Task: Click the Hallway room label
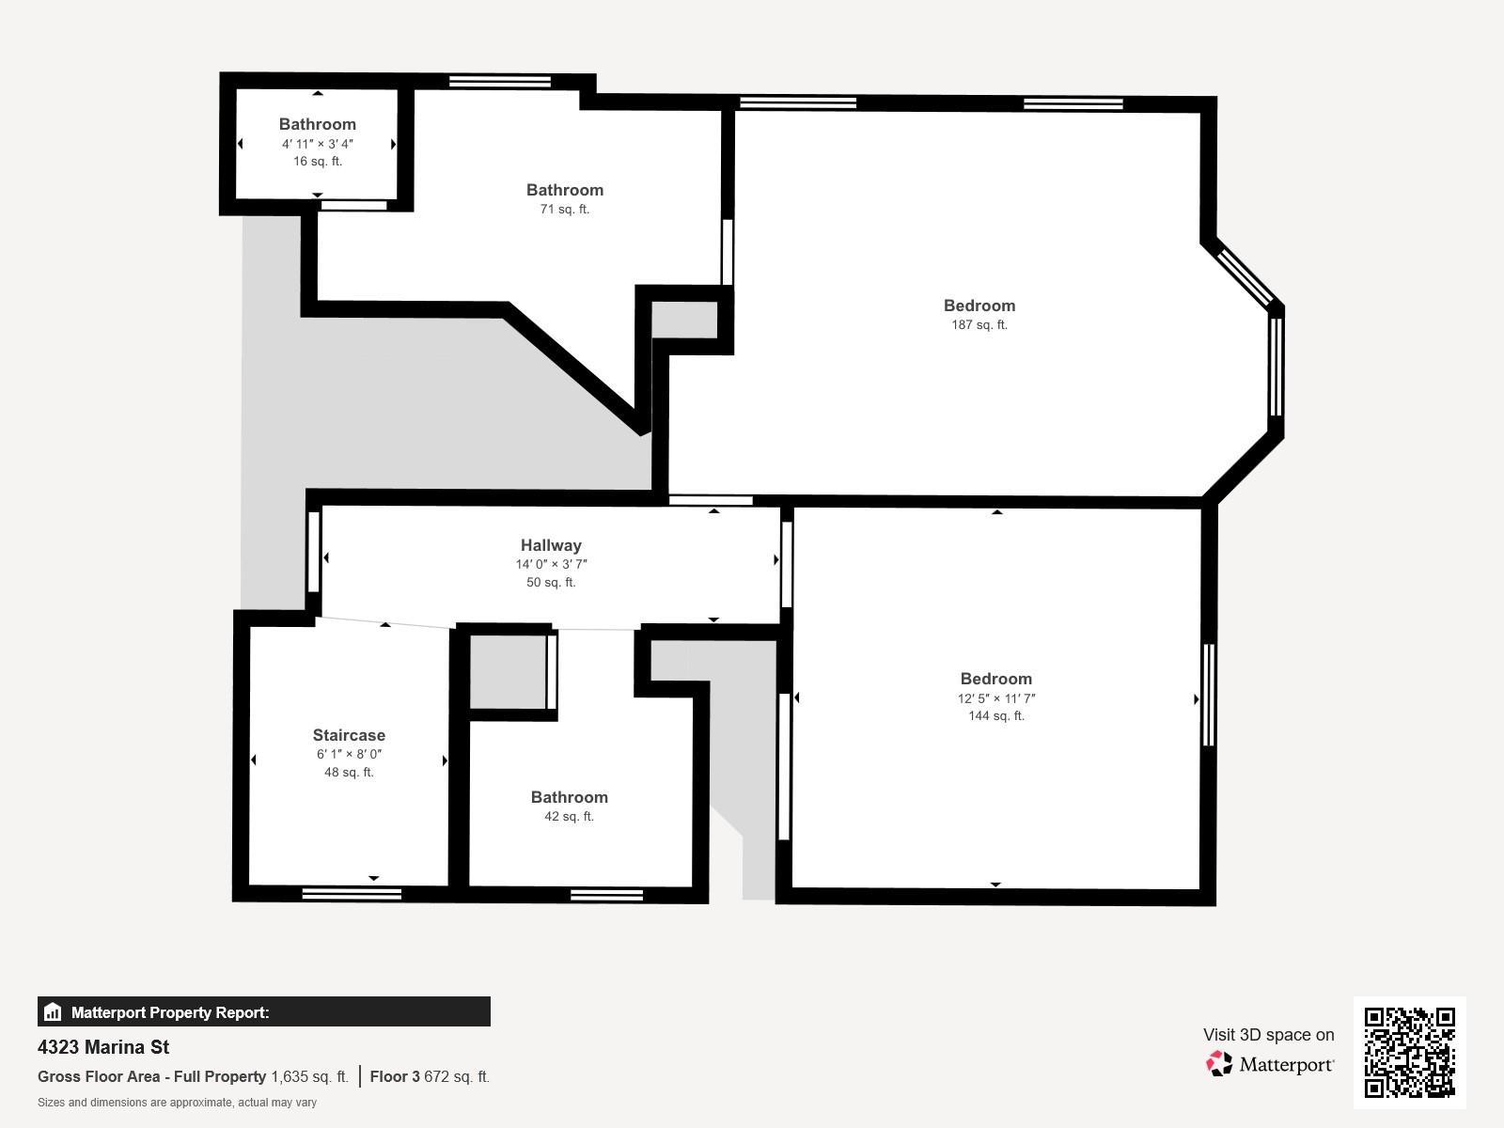click(x=551, y=545)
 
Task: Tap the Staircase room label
click(x=349, y=735)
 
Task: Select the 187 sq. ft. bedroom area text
click(x=979, y=324)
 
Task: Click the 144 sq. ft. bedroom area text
click(x=995, y=715)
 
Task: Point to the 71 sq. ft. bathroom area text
click(x=565, y=209)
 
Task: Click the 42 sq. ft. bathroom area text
click(x=569, y=816)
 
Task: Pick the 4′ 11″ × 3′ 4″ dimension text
click(x=317, y=144)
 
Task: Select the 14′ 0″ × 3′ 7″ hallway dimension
click(x=551, y=564)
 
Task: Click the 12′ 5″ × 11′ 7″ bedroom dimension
click(x=995, y=698)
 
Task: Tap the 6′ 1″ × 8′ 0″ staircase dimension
click(x=349, y=754)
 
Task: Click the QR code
click(x=1409, y=1053)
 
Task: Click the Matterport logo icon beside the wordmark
click(x=1219, y=1064)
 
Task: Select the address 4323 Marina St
click(x=103, y=1047)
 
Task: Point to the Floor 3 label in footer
click(x=395, y=1076)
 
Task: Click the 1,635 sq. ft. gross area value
click(x=309, y=1076)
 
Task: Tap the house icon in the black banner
click(x=53, y=1011)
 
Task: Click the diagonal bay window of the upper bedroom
click(x=1245, y=276)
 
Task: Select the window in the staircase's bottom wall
click(x=352, y=894)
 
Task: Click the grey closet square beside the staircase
click(x=508, y=672)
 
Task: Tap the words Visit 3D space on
click(x=1268, y=1035)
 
